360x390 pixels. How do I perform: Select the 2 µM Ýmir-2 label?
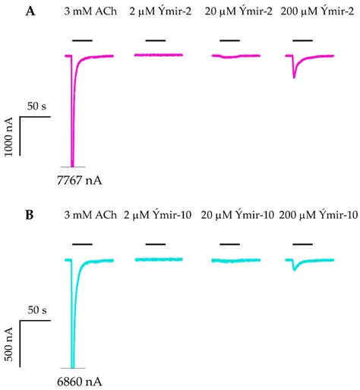click(x=160, y=12)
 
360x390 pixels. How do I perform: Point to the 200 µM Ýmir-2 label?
click(x=311, y=12)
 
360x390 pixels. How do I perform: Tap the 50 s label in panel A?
click(x=36, y=105)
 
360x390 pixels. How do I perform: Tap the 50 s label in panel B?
click(x=36, y=310)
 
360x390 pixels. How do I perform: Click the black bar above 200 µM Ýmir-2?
click(x=302, y=39)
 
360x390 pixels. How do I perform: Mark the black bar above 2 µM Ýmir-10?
click(x=156, y=244)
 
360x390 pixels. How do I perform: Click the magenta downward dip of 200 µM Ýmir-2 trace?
click(x=295, y=75)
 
